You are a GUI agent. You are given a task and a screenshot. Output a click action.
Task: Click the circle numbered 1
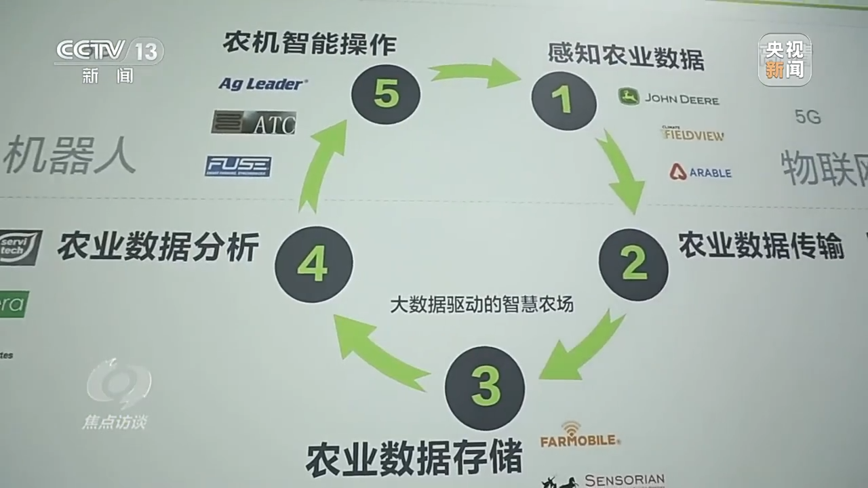[564, 101]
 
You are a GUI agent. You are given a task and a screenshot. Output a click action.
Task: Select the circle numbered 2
[633, 264]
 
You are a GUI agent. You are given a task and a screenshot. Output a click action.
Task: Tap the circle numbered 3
[484, 387]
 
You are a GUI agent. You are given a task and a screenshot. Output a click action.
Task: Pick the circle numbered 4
[313, 264]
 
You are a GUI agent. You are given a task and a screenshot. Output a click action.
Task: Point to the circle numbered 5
[385, 94]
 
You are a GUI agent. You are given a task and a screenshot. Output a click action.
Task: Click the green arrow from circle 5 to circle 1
[475, 72]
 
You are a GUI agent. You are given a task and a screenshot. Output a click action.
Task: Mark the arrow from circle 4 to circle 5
[322, 166]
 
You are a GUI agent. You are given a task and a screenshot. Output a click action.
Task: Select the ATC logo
[254, 123]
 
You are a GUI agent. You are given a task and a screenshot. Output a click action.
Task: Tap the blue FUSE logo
[238, 166]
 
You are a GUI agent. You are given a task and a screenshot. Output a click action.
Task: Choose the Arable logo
[701, 172]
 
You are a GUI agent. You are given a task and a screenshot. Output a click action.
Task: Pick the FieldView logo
[693, 133]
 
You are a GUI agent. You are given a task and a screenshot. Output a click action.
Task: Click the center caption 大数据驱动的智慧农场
[481, 305]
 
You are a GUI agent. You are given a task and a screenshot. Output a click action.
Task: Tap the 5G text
[808, 117]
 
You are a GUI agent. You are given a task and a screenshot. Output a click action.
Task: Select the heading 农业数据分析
[158, 247]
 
